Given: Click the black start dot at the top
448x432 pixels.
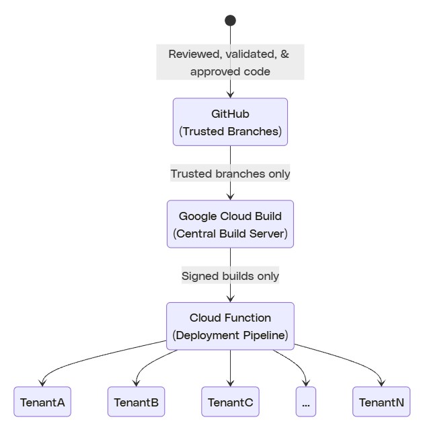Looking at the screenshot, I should tap(230, 20).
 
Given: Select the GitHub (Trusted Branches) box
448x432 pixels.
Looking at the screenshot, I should tap(230, 122).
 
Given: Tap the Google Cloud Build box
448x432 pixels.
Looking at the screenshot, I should tap(230, 224).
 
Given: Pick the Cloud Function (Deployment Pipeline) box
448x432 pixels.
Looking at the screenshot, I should tap(230, 326).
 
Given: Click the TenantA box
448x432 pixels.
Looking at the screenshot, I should tap(42, 402).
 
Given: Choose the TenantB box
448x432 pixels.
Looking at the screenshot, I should tap(137, 402).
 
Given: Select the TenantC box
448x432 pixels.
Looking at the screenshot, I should tap(231, 402).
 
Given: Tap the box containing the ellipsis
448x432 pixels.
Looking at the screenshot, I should tap(306, 402).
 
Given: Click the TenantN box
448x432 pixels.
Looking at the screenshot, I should tap(381, 402).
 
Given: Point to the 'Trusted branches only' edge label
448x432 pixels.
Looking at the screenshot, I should tap(230, 174).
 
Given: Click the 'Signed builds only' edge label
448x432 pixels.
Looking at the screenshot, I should tap(230, 276).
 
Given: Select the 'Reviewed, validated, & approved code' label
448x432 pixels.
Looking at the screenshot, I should tap(230, 63).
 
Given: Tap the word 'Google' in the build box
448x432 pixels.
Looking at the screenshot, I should tap(195, 216).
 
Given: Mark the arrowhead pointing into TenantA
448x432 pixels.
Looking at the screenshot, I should tap(43, 384).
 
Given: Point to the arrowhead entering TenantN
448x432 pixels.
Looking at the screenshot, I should tap(381, 384).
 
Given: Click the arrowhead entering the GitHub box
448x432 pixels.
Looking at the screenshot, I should tap(230, 95).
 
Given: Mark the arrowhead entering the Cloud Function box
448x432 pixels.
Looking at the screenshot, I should tap(230, 299).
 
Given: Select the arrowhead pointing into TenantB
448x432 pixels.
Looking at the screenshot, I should tap(137, 384).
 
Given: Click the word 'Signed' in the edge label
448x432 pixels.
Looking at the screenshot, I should tap(198, 276).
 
